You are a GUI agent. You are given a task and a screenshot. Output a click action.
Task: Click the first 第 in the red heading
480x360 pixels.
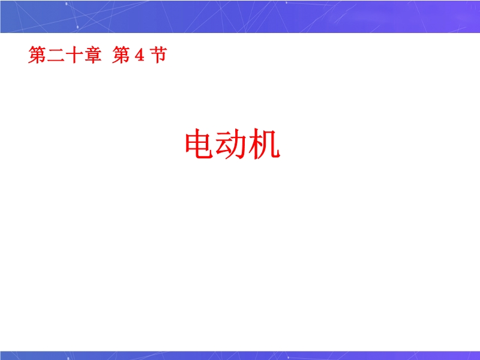pyautogui.click(x=37, y=55)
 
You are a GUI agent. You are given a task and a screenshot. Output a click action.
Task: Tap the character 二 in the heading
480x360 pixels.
pyautogui.click(x=56, y=55)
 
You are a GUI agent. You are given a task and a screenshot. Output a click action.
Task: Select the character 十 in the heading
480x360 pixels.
pyautogui.click(x=74, y=55)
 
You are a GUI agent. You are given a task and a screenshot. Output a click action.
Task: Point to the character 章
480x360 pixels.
pyautogui.click(x=92, y=55)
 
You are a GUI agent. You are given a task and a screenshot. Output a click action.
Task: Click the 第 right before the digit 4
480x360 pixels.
pyautogui.click(x=121, y=55)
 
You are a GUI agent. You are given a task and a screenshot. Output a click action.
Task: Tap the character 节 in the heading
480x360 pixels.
pyautogui.click(x=158, y=55)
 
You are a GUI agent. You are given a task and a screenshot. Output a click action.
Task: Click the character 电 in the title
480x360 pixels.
pyautogui.click(x=199, y=144)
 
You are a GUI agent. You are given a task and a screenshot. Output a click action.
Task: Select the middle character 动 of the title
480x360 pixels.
pyautogui.click(x=231, y=144)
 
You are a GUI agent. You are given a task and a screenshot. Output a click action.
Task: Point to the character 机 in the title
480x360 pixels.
pyautogui.click(x=264, y=144)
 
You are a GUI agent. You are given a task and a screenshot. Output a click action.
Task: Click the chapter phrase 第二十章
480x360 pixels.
pyautogui.click(x=65, y=55)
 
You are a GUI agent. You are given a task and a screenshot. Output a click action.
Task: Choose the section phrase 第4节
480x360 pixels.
pyautogui.click(x=140, y=55)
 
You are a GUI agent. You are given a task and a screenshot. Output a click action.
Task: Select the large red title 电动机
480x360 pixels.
pyautogui.click(x=232, y=144)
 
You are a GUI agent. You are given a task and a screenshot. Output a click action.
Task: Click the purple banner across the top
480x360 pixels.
pyautogui.click(x=240, y=16)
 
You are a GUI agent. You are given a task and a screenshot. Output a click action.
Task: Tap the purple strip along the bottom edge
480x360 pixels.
pyautogui.click(x=240, y=355)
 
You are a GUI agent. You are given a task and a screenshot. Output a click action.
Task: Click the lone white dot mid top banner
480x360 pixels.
pyautogui.click(x=286, y=3)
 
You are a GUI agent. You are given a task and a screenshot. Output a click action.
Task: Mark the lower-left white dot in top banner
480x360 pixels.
pyautogui.click(x=77, y=27)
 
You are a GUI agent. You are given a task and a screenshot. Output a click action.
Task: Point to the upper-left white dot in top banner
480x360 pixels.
pyautogui.click(x=67, y=4)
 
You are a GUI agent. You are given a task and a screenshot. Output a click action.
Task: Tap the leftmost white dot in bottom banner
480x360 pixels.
pyautogui.click(x=68, y=358)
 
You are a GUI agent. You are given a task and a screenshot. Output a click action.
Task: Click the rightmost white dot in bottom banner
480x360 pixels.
pyautogui.click(x=288, y=357)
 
